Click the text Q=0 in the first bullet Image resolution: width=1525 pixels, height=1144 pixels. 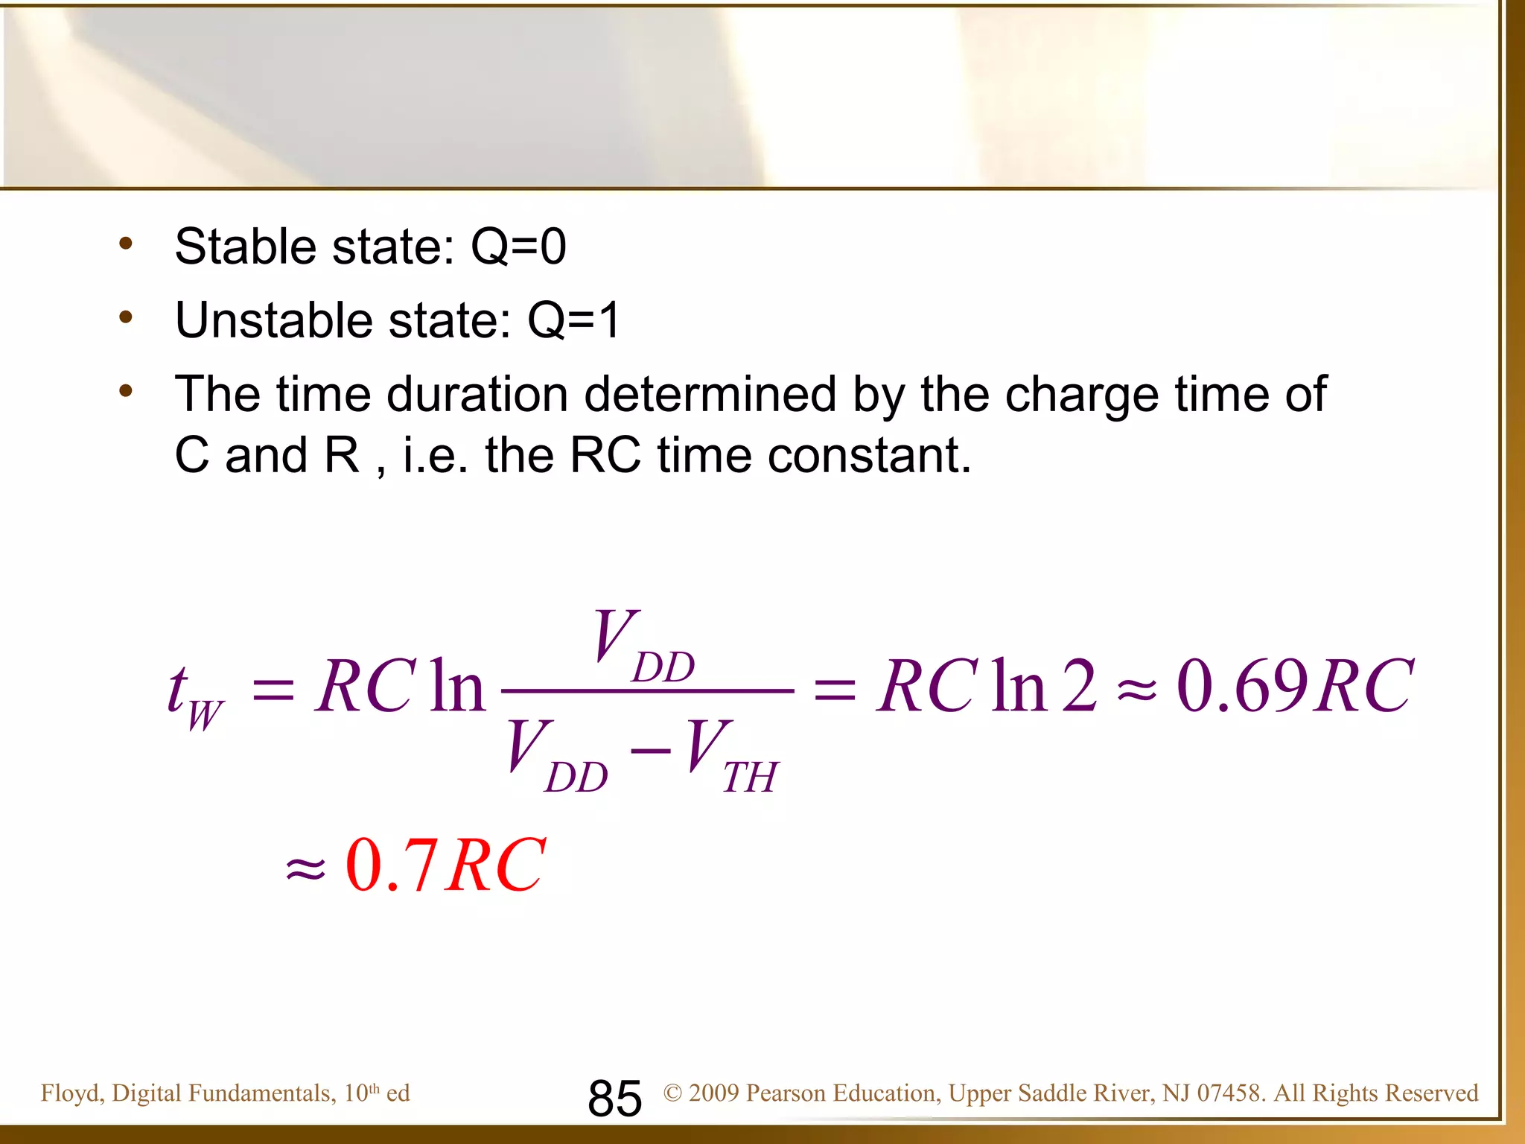click(518, 247)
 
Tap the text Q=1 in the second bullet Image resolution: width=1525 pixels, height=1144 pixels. click(573, 320)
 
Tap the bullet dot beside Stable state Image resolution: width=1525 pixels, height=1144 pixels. click(126, 244)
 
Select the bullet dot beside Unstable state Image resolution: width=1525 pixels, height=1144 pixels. click(126, 318)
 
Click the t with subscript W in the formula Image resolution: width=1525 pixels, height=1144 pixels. click(194, 696)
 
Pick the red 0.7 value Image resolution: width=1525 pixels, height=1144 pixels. click(391, 865)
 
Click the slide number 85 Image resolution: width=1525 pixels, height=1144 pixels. click(614, 1098)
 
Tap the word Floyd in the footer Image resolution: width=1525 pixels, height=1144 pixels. click(70, 1093)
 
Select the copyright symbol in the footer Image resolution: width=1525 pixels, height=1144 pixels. click(672, 1093)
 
